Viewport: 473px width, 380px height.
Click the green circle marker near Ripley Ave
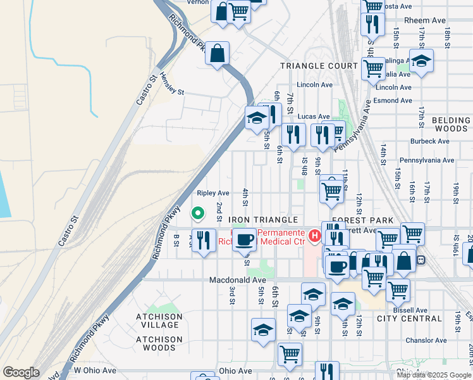[197, 214]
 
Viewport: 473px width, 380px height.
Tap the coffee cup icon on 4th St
[245, 240]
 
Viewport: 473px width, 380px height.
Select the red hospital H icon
[314, 236]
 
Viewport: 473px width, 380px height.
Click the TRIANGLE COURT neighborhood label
[319, 66]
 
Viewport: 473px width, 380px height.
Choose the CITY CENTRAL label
[404, 319]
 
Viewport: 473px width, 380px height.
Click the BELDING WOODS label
[451, 124]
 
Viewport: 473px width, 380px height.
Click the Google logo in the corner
[21, 372]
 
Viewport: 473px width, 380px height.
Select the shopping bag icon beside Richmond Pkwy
[217, 54]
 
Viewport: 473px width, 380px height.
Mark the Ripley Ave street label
[212, 193]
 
